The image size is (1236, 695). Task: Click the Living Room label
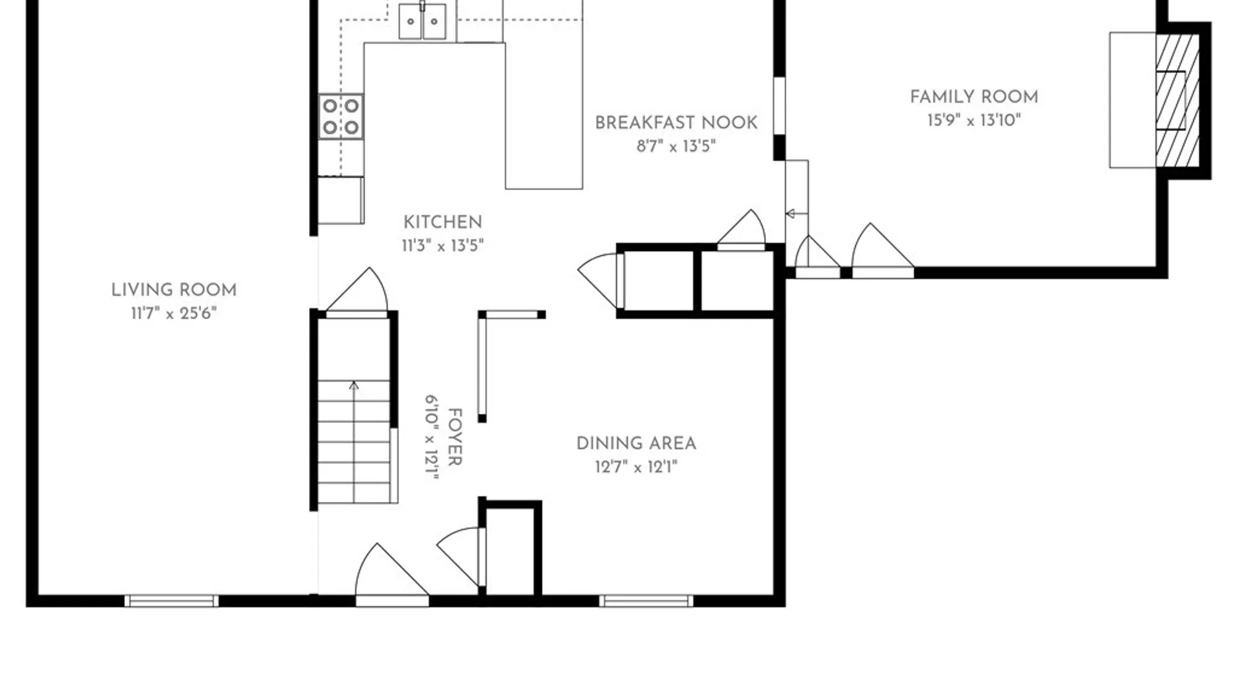(174, 290)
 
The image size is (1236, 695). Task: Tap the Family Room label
(974, 97)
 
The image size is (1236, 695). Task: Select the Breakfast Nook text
(676, 123)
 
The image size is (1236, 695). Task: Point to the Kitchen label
(442, 223)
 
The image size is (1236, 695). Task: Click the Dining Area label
(636, 443)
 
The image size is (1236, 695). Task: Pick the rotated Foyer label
(454, 437)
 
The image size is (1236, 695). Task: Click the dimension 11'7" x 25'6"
(174, 313)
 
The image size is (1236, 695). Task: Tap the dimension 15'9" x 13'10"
(974, 120)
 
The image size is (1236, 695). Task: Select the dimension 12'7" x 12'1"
(636, 467)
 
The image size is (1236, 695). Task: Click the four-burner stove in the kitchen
(341, 116)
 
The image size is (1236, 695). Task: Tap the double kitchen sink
(422, 21)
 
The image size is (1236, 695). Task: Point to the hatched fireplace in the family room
(1177, 100)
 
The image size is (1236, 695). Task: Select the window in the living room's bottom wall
(171, 601)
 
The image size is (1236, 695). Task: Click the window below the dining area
(646, 601)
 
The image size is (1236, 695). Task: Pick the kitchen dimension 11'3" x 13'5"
(442, 246)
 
